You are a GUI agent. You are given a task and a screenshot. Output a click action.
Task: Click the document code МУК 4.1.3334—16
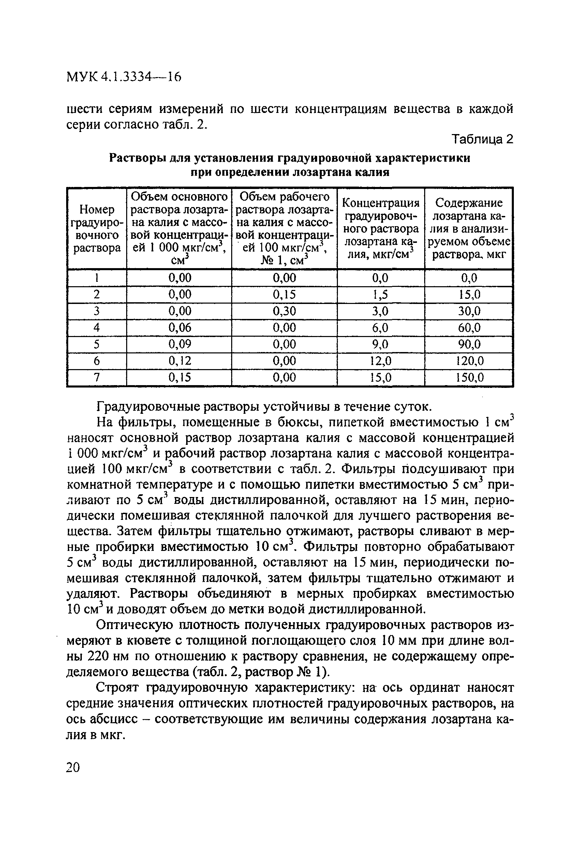[x=124, y=77]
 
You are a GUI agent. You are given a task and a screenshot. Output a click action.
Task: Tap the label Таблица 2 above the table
[x=482, y=140]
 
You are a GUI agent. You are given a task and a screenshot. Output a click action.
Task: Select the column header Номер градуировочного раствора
[x=97, y=229]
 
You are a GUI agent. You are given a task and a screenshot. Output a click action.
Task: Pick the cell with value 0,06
[x=179, y=328]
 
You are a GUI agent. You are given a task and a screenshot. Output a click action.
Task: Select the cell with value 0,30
[x=284, y=311]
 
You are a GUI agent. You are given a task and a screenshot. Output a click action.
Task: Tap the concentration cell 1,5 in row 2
[x=380, y=294]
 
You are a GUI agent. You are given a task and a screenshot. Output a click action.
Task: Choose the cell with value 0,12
[x=179, y=361]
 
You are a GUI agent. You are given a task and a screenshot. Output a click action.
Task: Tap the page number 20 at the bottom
[x=73, y=768]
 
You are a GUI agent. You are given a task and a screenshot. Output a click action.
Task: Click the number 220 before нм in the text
[x=96, y=656]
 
